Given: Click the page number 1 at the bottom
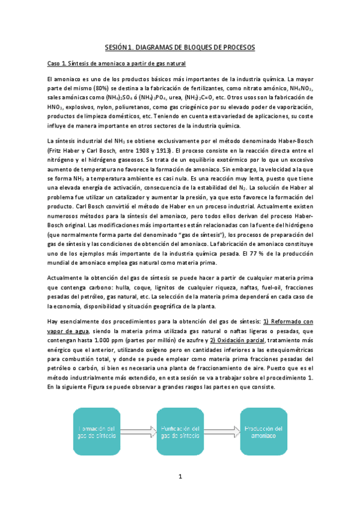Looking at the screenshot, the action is (180, 479).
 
